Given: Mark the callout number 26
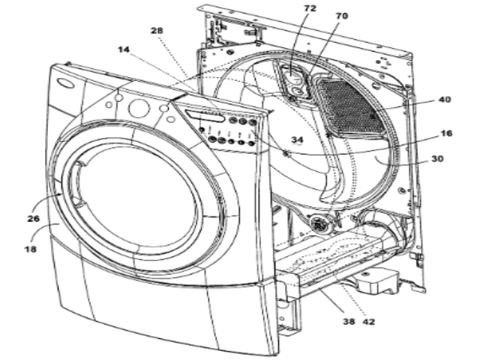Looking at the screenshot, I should pos(32,220).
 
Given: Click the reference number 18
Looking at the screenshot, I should pos(31,244).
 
